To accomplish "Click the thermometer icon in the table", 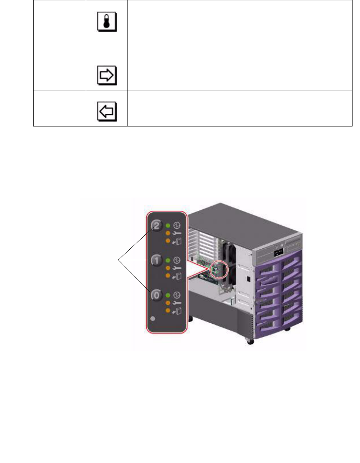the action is coord(107,23).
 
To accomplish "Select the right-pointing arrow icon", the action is coord(107,75).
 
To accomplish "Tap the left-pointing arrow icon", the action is coord(107,111).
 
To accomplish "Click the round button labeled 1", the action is coord(156,260).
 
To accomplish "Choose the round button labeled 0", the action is coord(156,295).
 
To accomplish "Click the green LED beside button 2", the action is coord(168,226).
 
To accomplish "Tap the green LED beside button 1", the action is coord(168,260).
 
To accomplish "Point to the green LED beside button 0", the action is coord(168,295).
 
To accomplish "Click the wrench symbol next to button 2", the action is coord(177,233).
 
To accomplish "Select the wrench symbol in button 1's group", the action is coord(177,268).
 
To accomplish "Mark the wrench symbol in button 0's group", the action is coord(177,303).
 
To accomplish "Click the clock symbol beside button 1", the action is coord(177,260).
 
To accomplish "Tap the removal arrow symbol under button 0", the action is coord(177,311).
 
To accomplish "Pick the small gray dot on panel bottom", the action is coord(154,318).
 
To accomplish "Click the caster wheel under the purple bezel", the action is coord(250,342).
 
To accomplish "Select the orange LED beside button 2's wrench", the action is coord(168,233).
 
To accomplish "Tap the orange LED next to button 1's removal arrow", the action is coord(168,275).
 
